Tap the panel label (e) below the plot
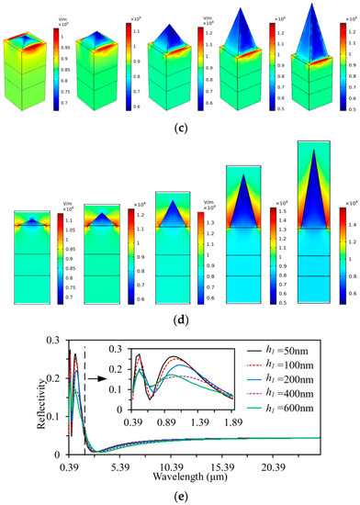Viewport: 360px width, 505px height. point(180,497)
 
